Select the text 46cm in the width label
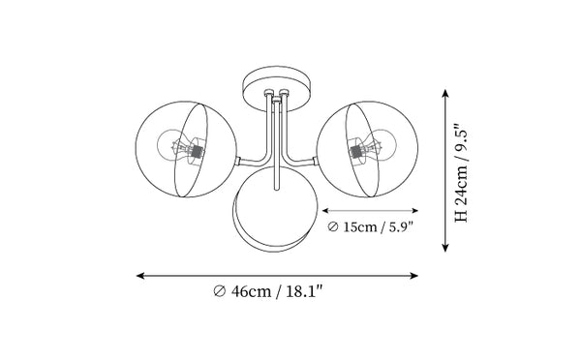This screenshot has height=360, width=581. pyautogui.click(x=251, y=291)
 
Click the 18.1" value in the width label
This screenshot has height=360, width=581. pyautogui.click(x=305, y=291)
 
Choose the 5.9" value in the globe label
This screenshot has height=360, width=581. pyautogui.click(x=400, y=226)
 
